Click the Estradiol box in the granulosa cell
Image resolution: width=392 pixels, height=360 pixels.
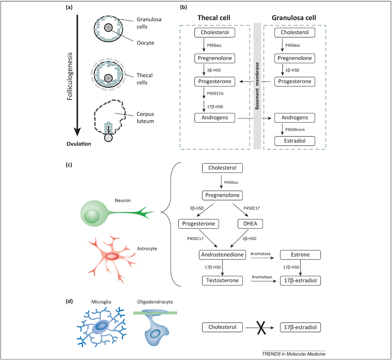(295, 141)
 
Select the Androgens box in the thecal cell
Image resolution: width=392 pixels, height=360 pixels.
(215, 118)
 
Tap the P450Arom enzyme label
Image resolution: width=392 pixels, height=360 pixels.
(295, 130)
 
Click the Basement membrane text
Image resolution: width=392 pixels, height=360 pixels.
(257, 86)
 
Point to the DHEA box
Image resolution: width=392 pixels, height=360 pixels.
(250, 224)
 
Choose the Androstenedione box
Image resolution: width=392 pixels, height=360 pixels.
(222, 255)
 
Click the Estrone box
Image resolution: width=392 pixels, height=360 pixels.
(300, 255)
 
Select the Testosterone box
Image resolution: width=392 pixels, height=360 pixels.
(222, 280)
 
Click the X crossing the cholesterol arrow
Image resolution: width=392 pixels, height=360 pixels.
(260, 327)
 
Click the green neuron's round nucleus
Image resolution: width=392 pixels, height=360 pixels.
(92, 216)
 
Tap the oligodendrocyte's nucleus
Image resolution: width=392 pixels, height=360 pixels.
(155, 334)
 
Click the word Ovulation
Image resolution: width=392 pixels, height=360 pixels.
(79, 144)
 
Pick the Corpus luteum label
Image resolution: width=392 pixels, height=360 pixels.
(145, 117)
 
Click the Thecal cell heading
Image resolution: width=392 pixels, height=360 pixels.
(214, 18)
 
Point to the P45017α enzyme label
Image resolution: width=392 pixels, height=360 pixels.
(215, 94)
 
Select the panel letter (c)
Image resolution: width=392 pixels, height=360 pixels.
(69, 164)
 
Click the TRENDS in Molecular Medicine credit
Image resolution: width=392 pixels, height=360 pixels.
(294, 354)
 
